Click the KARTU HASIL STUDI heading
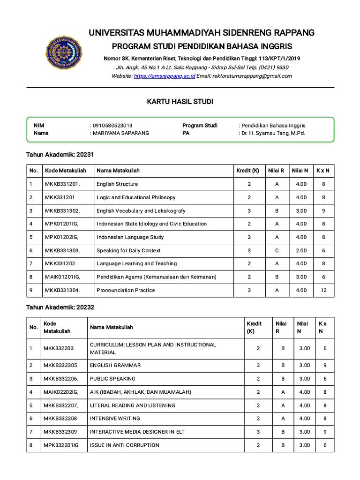pos(180,102)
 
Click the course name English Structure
pos(117,184)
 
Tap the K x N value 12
pos(323,290)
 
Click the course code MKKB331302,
pos(62,211)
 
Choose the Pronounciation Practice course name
pos(125,290)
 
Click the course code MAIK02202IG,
pos(61,392)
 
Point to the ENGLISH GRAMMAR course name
pos(115,365)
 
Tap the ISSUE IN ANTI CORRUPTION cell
pos(124,445)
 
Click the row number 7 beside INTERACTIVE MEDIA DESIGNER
pos(30,432)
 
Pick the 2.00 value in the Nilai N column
pos(301,250)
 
